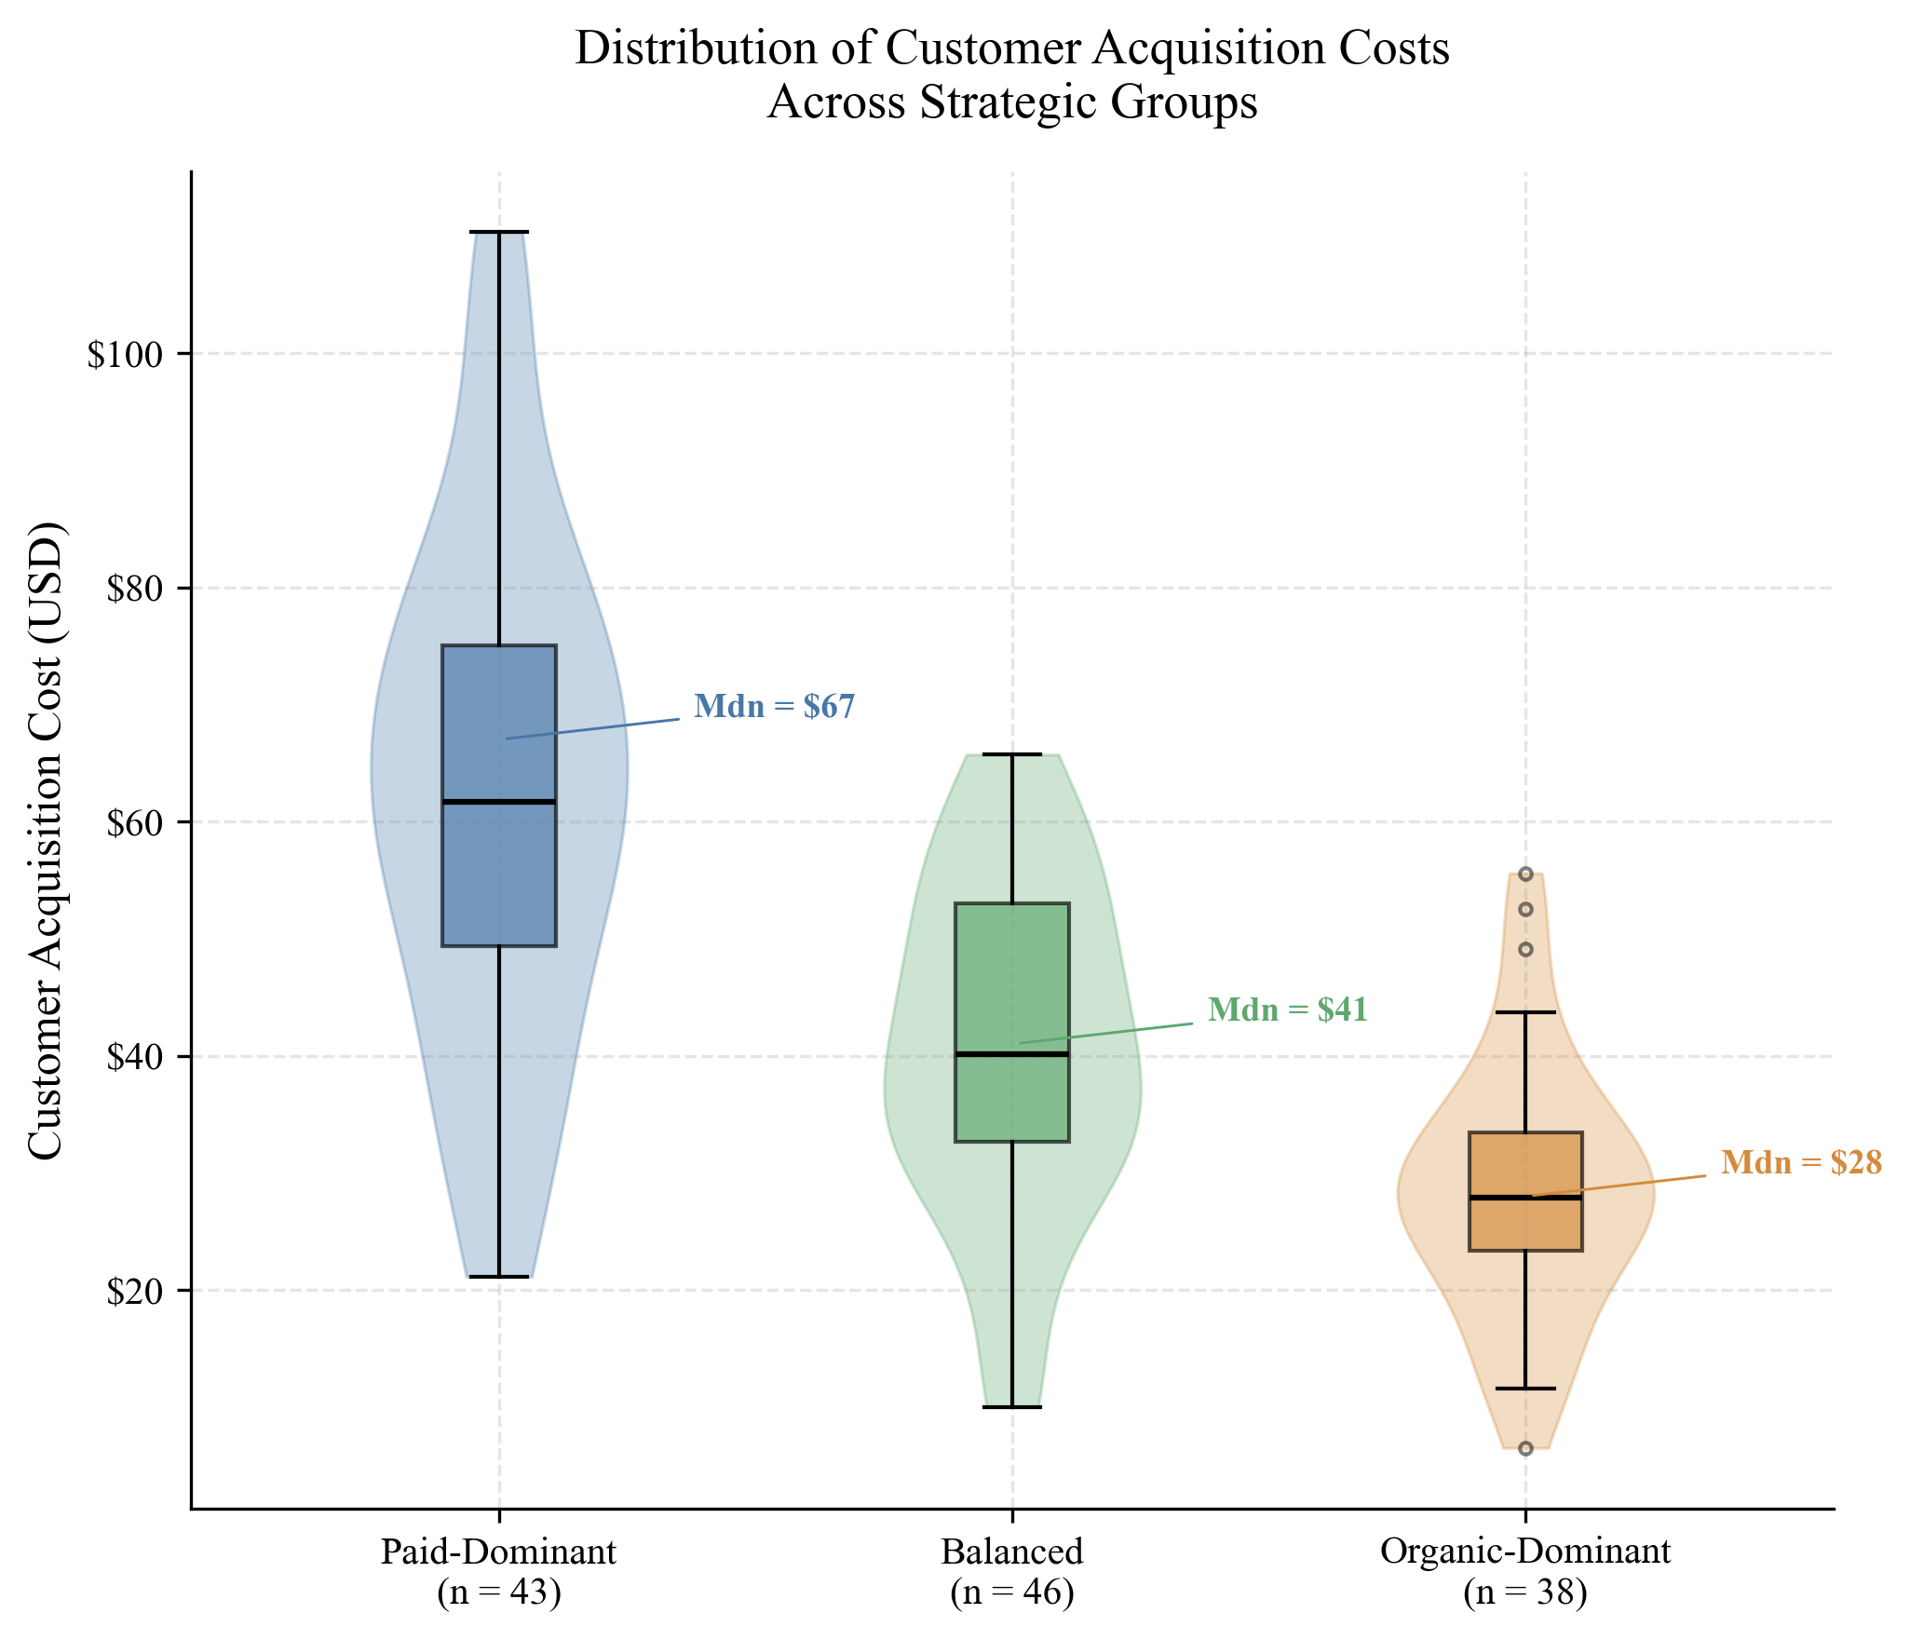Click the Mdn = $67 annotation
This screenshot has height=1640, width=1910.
[774, 707]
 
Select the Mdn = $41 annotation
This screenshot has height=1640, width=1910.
[1287, 1010]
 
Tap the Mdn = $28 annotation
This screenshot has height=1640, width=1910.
[1801, 1163]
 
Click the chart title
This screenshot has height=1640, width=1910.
[1012, 75]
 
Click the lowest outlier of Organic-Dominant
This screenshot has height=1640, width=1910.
[1525, 1449]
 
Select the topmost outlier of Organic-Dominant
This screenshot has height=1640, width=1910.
[1525, 874]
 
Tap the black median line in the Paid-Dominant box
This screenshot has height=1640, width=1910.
[499, 802]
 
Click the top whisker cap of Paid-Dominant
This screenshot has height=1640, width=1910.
[499, 232]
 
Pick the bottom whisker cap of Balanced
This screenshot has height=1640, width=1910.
[1012, 1407]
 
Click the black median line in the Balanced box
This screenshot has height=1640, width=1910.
[1012, 1054]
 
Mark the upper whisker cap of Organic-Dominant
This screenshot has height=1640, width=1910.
[1525, 1012]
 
